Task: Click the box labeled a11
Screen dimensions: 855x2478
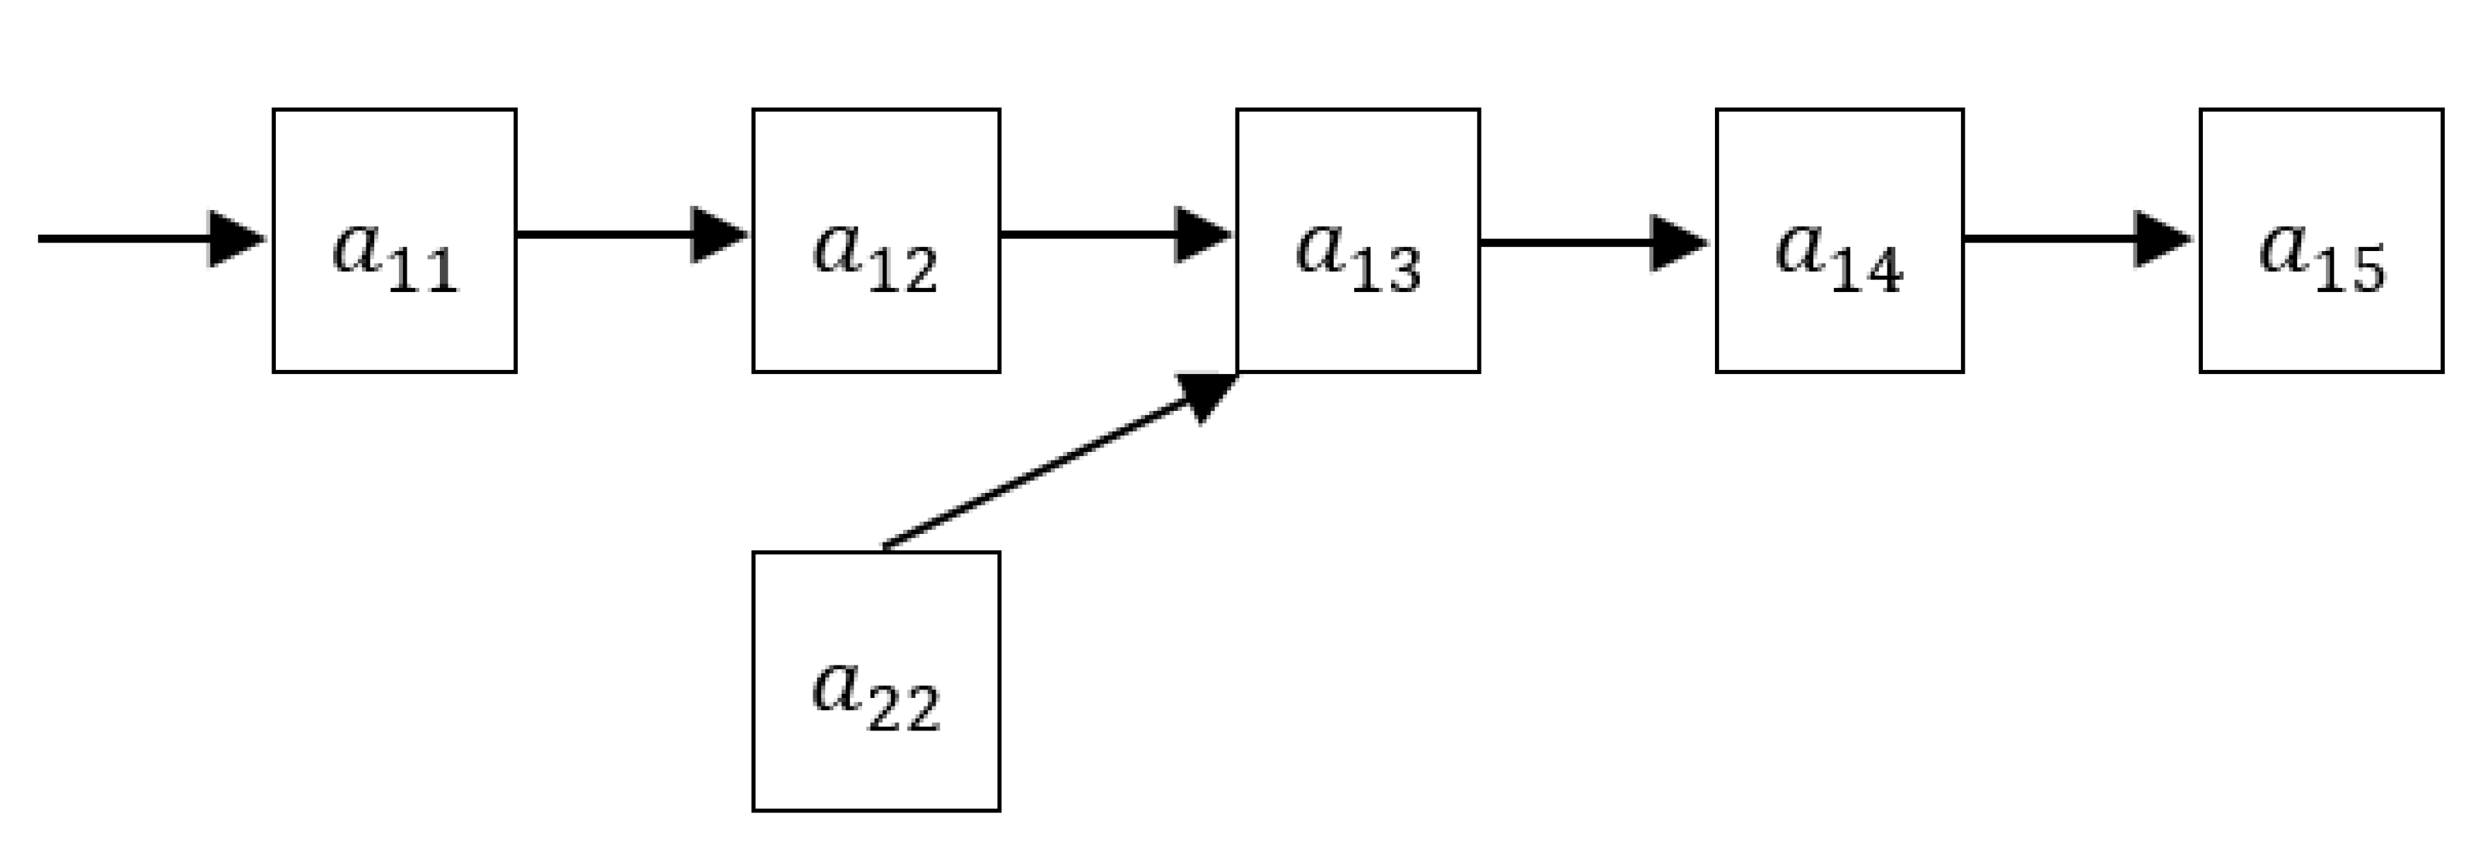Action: [x=395, y=240]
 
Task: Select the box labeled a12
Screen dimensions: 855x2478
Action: [x=876, y=240]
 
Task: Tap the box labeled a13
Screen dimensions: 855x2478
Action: [x=1357, y=240]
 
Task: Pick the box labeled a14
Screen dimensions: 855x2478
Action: [x=1839, y=240]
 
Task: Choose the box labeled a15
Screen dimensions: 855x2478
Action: [x=2321, y=240]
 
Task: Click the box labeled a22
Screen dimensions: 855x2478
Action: [x=876, y=681]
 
